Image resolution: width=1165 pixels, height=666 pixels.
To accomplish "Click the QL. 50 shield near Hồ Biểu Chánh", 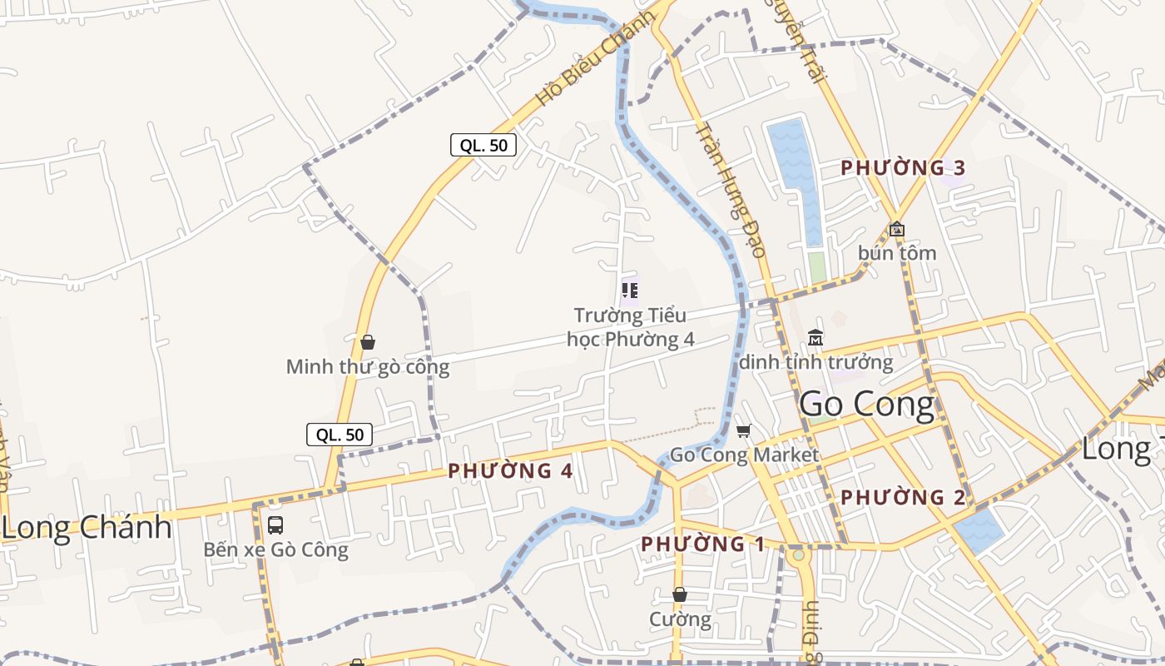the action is (483, 145).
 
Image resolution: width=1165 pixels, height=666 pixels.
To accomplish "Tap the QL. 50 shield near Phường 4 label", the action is (340, 434).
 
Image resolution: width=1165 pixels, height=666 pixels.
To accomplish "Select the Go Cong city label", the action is (866, 405).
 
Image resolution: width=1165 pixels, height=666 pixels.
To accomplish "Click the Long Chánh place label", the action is (87, 528).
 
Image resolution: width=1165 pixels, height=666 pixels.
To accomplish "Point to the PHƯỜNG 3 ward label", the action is (903, 167).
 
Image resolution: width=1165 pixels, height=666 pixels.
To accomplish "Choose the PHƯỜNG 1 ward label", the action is (703, 544).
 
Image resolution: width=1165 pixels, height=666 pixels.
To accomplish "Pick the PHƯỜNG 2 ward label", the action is (903, 498).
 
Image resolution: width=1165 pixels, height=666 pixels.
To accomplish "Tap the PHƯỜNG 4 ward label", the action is (510, 471).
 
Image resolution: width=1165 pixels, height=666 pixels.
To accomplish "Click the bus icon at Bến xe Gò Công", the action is (275, 525).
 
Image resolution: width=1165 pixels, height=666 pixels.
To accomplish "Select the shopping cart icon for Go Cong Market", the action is (743, 431).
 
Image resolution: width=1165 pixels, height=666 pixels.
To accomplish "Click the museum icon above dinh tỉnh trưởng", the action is (815, 338).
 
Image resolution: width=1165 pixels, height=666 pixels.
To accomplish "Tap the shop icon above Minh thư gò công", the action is (368, 342).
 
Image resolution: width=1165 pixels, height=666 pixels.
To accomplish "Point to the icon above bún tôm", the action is (897, 229).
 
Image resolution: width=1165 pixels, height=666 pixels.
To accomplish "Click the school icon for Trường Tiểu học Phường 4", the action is (630, 291).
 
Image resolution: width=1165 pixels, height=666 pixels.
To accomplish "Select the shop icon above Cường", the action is (680, 594).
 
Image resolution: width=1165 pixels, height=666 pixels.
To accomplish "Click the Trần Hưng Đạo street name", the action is (730, 190).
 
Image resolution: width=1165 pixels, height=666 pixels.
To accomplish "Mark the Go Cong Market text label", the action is (744, 455).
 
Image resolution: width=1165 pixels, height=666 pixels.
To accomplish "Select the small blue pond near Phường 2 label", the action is (979, 530).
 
